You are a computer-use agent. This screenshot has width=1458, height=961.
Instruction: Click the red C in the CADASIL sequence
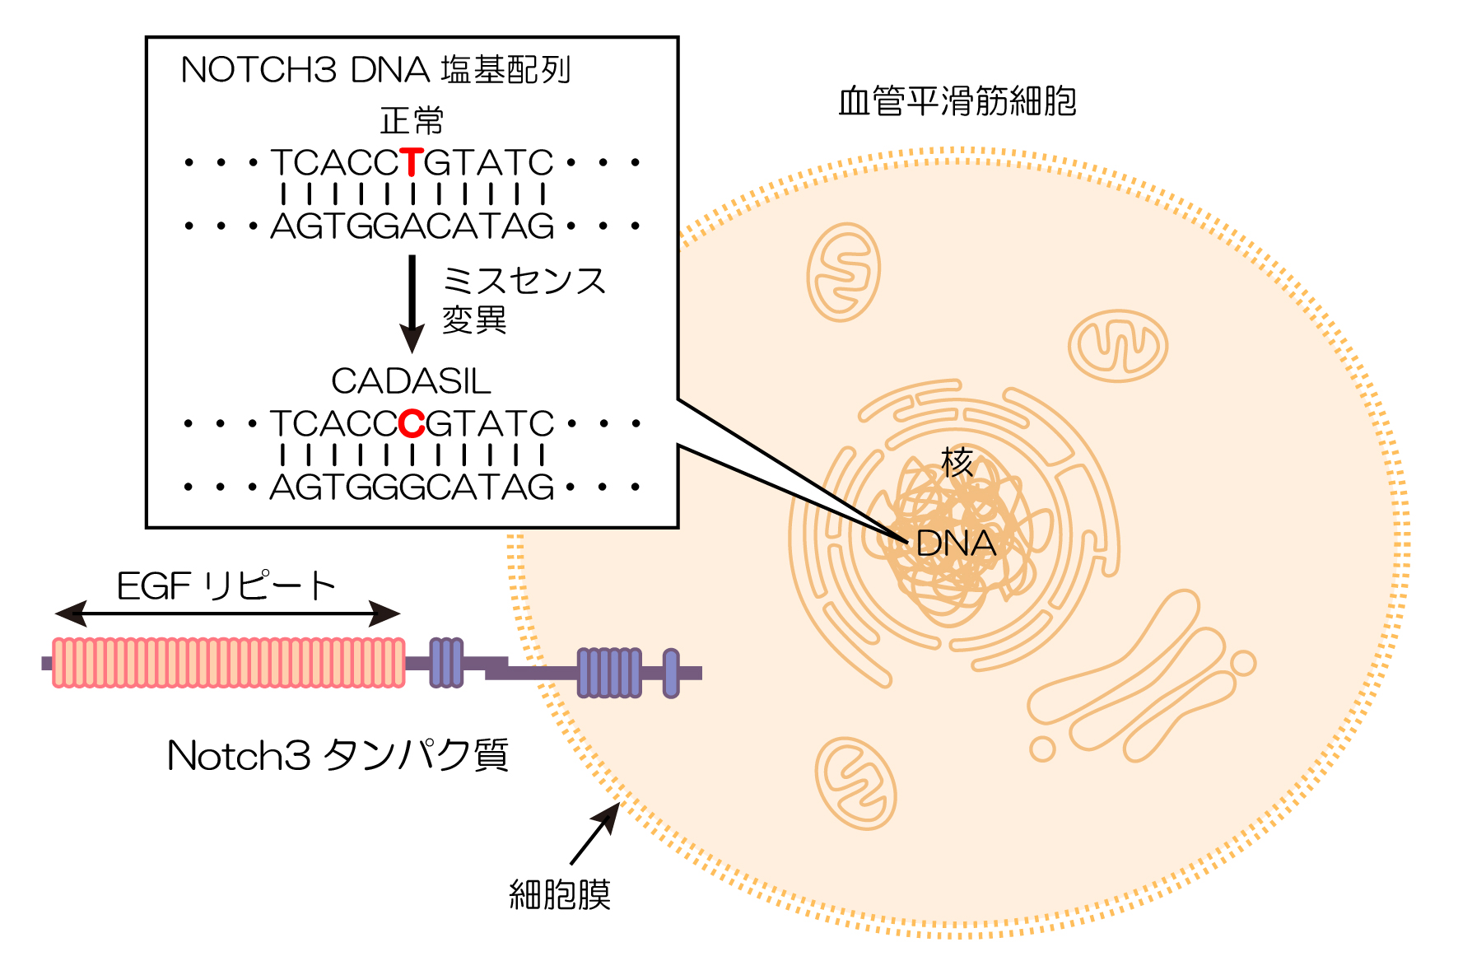coord(412,424)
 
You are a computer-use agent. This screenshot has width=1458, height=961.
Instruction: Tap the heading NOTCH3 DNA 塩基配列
coord(375,70)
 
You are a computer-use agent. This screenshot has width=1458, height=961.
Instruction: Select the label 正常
coord(412,121)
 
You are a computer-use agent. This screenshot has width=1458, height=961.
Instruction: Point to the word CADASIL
coord(411,381)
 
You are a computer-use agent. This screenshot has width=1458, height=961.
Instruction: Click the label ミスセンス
coord(524,281)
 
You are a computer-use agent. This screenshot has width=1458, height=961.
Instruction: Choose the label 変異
coord(474,320)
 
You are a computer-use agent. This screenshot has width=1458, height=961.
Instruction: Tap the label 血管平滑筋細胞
coord(957,102)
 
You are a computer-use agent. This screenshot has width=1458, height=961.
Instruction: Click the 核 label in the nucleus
coord(957,462)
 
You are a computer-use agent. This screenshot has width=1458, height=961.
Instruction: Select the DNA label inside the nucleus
coord(956,543)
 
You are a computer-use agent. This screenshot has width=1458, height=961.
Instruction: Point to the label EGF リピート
coord(226,586)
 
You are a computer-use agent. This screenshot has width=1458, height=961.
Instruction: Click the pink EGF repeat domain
coord(229,662)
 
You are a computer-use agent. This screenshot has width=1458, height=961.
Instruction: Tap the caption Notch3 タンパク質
coord(338,755)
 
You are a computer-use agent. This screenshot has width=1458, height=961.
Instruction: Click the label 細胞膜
coord(560,894)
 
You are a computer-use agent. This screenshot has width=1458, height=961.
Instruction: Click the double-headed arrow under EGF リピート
coord(227,613)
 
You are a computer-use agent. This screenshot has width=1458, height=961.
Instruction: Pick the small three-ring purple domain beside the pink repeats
coord(446,662)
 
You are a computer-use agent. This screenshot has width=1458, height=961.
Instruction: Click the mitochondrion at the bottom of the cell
coord(855,783)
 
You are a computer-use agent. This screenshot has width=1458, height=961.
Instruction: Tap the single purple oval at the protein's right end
coord(671,673)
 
